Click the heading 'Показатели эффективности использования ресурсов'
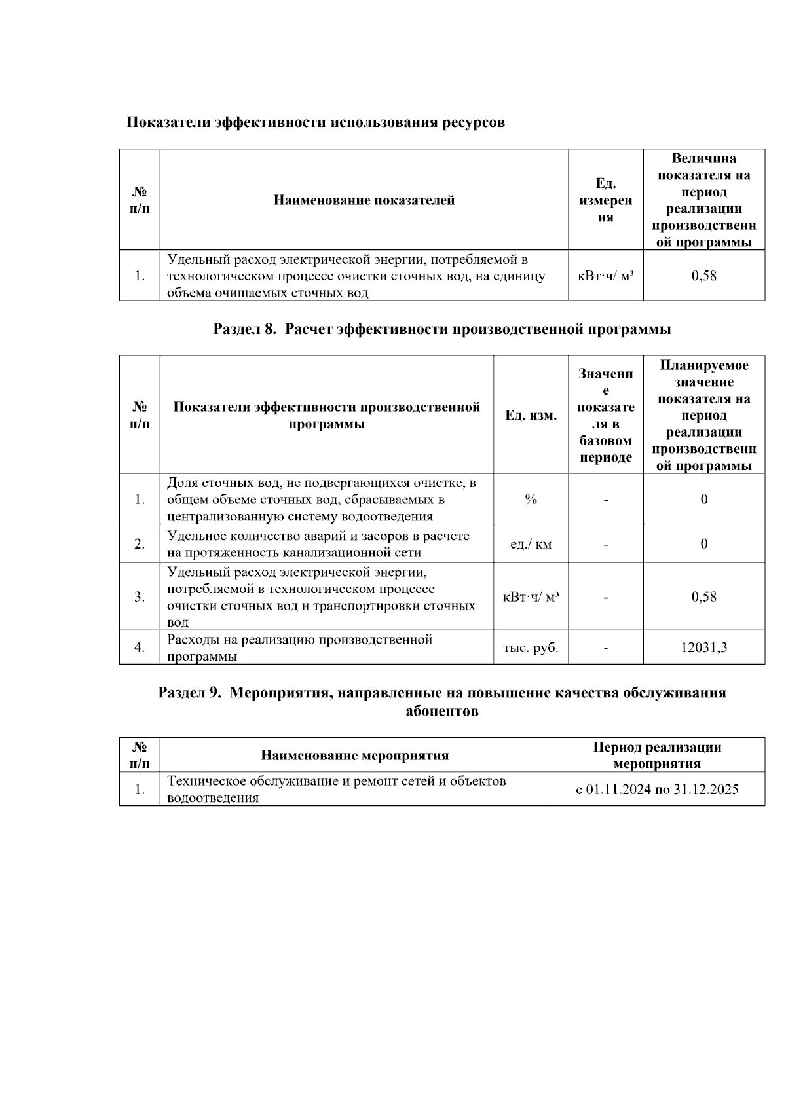[315, 122]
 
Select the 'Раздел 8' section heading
[441, 329]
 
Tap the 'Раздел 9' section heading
[441, 702]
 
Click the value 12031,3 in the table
[703, 648]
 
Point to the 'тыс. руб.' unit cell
[531, 648]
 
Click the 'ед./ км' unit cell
[531, 544]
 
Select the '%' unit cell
[531, 500]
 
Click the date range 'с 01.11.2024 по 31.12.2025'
[657, 790]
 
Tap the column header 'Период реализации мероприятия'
[657, 756]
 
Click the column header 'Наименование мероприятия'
[354, 756]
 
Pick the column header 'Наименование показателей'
[364, 200]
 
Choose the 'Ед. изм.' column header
[531, 416]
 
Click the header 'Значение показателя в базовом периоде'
[605, 416]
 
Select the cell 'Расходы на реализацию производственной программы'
[299, 648]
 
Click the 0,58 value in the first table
[703, 276]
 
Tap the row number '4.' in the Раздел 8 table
[140, 648]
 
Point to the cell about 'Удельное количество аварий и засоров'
[318, 544]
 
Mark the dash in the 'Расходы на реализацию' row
[605, 648]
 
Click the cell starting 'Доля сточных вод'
[321, 500]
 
